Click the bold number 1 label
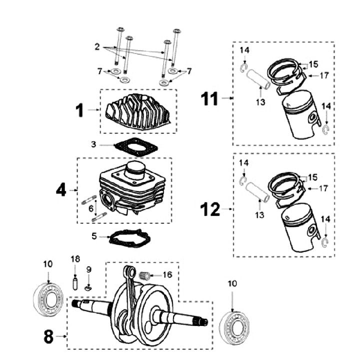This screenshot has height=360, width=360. coord(80,109)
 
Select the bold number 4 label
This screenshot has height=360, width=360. coord(60,190)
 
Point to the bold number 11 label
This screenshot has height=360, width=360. coord(209,98)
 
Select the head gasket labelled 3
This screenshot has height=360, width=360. coord(135,147)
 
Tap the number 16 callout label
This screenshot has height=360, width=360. coord(167,274)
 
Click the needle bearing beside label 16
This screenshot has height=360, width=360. coord(146,274)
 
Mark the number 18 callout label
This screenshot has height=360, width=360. coord(75,259)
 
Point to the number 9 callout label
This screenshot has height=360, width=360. coord(88,269)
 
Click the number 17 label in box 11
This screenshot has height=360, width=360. coord(324,75)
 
